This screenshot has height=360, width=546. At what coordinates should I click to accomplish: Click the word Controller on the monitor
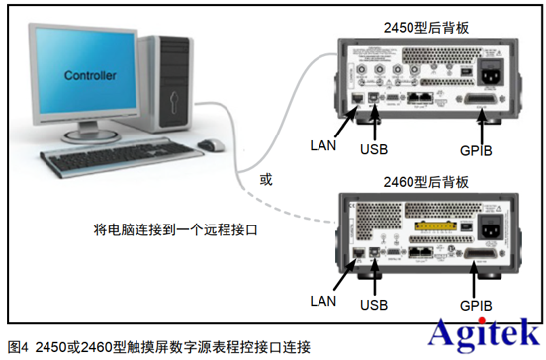90,75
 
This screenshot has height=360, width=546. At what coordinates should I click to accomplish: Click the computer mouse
210,145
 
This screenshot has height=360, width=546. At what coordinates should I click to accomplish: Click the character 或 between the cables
264,181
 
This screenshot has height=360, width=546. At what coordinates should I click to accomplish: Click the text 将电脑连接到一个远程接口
174,230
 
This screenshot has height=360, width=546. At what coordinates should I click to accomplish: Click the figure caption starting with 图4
158,347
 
